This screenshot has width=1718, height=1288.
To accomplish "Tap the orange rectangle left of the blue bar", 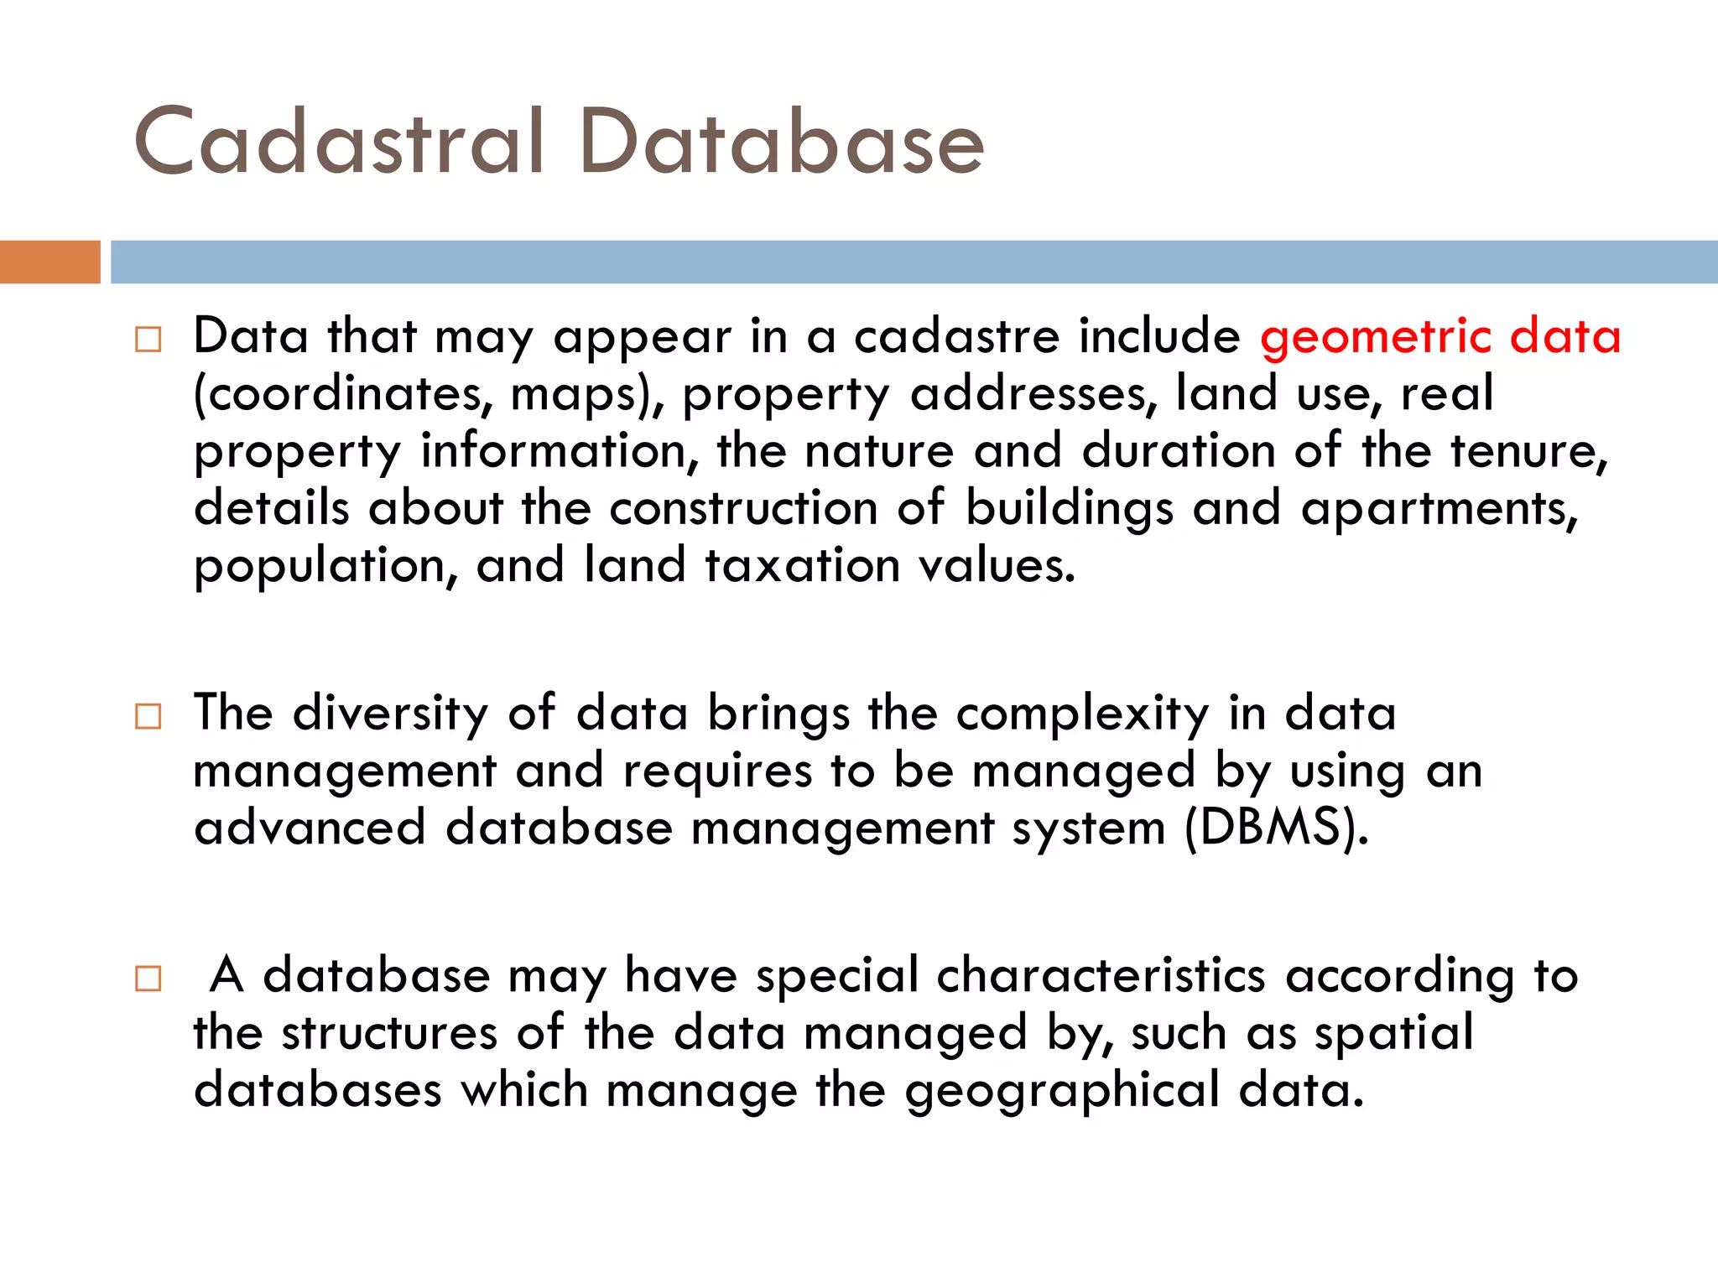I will coord(49,262).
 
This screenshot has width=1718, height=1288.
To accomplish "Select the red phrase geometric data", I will coord(1439,337).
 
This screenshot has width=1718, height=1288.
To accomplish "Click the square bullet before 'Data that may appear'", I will coord(148,340).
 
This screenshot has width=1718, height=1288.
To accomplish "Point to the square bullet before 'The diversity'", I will coord(148,716).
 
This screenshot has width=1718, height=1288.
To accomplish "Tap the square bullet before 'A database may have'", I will coord(148,979).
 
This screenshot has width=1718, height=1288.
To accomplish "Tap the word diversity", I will coord(390,714).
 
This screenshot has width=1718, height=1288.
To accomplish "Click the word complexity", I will coord(1082,715).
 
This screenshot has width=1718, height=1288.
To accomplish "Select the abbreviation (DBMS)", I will coord(1276,828).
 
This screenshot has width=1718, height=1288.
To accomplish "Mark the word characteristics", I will coord(1101,976).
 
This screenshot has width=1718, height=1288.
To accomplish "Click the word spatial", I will coord(1393,1034).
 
